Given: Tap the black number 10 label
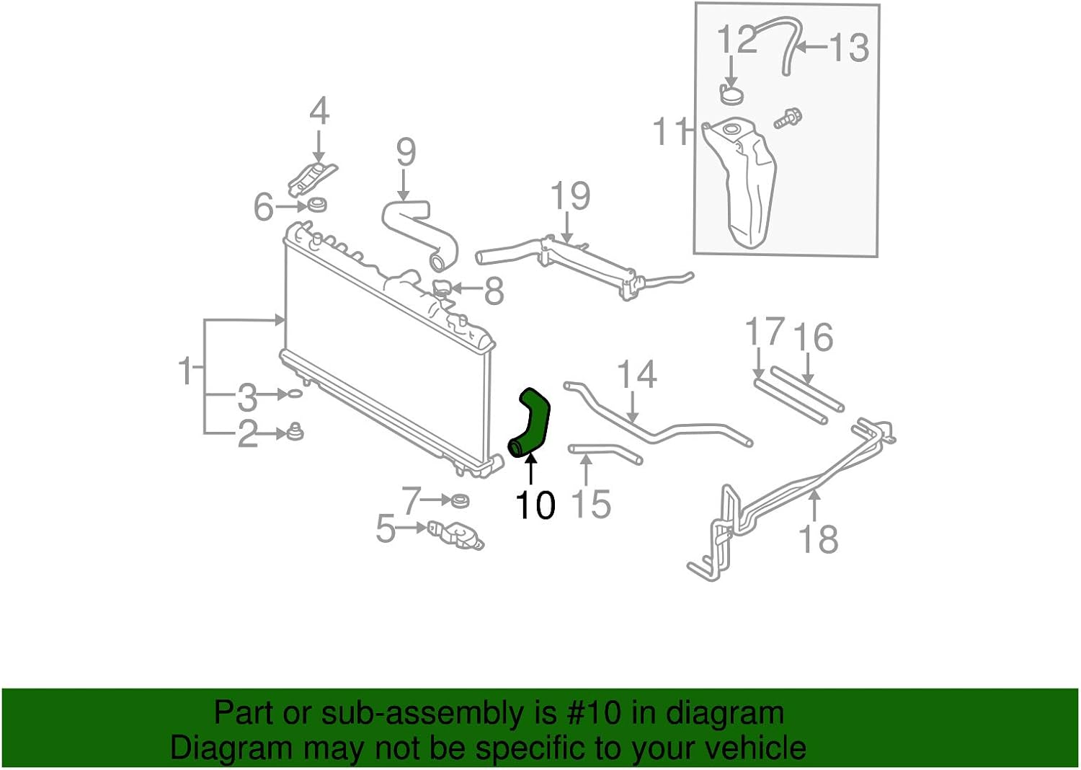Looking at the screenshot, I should point(535,505).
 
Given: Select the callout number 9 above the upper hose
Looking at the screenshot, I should point(406,152).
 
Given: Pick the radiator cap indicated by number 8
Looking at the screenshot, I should point(442,289).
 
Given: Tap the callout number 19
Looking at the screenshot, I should point(570,196).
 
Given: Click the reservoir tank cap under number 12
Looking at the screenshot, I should point(731,94).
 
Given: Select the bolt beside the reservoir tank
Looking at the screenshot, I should point(788,118).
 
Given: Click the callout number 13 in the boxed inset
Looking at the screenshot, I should point(849,48).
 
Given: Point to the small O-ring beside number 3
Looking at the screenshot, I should point(295,394).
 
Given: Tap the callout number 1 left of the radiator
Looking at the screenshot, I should point(186,370).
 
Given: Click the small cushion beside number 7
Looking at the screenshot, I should point(457,500).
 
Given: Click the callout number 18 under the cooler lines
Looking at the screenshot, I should point(819,539).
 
